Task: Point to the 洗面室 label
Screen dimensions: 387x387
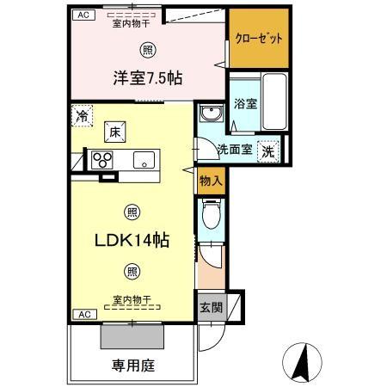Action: coord(234,149)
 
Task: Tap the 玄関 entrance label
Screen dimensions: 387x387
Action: coord(211,306)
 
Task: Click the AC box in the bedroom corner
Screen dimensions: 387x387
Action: coord(83,15)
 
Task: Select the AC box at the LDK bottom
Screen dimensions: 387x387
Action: coord(84,315)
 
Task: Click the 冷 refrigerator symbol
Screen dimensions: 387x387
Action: coord(83,116)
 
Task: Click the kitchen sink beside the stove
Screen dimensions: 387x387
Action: coord(142,158)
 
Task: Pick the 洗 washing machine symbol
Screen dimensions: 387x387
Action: coord(268,149)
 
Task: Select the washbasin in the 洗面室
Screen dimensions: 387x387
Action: coord(210,115)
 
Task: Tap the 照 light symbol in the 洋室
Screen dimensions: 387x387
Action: coord(150,48)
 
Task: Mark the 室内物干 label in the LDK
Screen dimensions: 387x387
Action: coord(131,299)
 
